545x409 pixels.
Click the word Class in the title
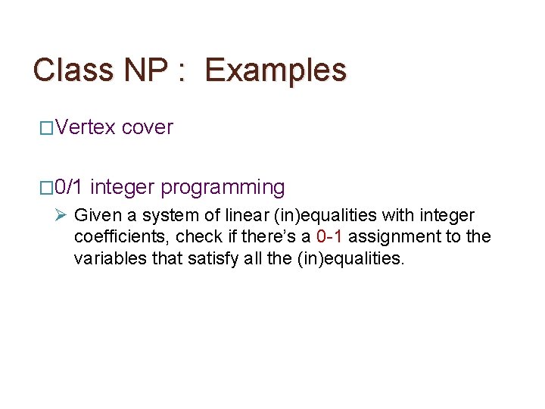(70, 70)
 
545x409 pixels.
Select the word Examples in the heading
(276, 70)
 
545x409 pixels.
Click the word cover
(147, 127)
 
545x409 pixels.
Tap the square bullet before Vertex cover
(45, 128)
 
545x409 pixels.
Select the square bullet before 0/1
(45, 187)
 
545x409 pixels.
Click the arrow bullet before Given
(62, 215)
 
